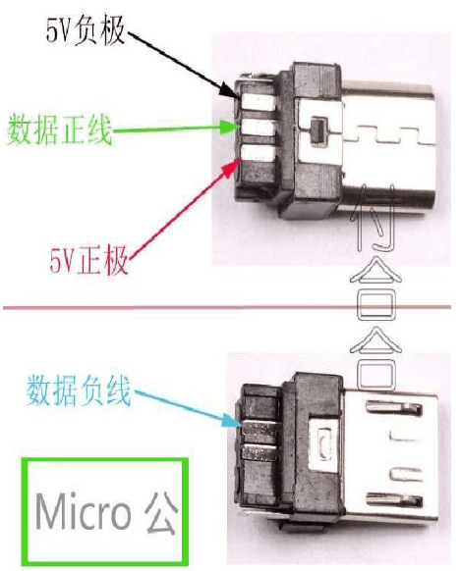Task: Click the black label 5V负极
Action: [86, 31]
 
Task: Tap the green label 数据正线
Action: [59, 130]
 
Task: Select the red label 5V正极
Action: [89, 260]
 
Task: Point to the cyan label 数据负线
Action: [79, 389]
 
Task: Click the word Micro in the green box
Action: [84, 510]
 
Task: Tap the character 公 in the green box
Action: [161, 512]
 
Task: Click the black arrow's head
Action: [231, 92]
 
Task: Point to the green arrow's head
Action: [231, 127]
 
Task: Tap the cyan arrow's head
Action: [232, 422]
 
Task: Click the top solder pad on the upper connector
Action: [258, 101]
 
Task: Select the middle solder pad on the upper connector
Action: [259, 128]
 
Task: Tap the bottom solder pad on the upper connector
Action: [259, 153]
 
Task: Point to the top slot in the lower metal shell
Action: [395, 408]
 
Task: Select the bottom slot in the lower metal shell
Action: [395, 500]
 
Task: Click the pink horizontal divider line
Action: [227, 308]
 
